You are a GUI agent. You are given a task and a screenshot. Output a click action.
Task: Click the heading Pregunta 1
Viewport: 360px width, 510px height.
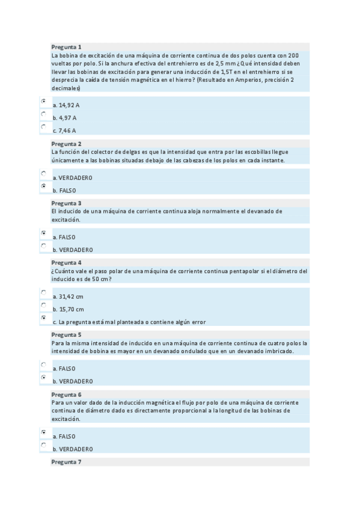click(x=66, y=47)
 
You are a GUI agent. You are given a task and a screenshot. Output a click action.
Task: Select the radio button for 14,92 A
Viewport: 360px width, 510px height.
click(x=43, y=101)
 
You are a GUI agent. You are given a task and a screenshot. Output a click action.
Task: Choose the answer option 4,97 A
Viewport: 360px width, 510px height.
click(x=43, y=114)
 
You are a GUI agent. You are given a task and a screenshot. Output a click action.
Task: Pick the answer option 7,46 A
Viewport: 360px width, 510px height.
click(x=43, y=126)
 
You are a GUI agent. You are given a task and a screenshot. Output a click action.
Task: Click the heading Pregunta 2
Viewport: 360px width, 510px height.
click(x=66, y=144)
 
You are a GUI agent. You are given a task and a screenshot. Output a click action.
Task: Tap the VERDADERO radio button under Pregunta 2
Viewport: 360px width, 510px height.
click(x=43, y=174)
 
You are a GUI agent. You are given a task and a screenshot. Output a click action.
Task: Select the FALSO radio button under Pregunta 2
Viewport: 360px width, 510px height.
click(x=43, y=186)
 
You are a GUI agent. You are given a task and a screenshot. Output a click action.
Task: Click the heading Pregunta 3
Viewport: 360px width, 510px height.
click(x=66, y=203)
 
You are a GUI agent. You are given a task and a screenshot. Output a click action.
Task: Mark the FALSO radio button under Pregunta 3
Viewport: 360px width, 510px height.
click(x=43, y=233)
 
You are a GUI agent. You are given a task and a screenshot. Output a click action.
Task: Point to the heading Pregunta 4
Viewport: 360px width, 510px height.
click(x=66, y=263)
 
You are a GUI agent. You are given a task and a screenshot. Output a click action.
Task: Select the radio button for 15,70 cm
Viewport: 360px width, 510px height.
click(x=43, y=306)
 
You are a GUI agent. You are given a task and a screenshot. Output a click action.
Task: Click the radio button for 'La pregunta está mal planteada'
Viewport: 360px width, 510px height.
click(x=43, y=318)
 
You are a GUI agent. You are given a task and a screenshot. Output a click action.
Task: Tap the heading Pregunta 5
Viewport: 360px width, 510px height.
click(x=66, y=334)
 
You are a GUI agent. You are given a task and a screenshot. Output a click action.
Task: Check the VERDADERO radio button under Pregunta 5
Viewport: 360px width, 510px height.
click(x=43, y=377)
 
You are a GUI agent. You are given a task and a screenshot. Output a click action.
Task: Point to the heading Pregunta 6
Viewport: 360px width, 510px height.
click(x=66, y=395)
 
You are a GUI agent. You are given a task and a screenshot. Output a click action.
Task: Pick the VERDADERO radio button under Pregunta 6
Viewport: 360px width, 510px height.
click(x=43, y=445)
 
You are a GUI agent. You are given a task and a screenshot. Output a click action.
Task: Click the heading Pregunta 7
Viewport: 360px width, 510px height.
click(x=66, y=462)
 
